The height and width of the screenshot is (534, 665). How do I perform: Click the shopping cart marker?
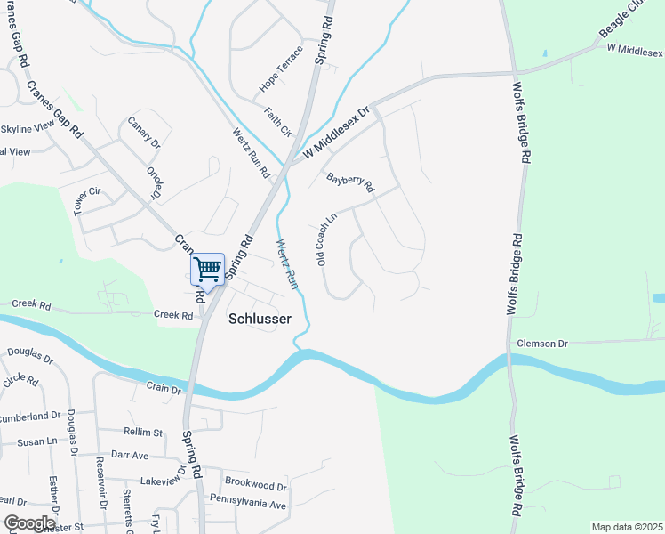(x=207, y=269)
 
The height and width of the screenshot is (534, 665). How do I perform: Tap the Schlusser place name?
(x=260, y=318)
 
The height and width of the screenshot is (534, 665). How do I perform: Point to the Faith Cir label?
(x=278, y=122)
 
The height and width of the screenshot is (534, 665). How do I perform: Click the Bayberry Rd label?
(x=350, y=182)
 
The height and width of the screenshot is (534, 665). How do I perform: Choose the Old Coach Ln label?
(x=326, y=238)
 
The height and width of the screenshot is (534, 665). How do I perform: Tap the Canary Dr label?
(x=144, y=132)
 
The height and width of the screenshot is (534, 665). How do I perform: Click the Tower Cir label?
(x=88, y=200)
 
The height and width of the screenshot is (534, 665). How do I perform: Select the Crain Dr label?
(x=164, y=389)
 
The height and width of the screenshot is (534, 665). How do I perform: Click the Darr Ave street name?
(x=130, y=454)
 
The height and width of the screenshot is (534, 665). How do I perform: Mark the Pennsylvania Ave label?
(x=247, y=505)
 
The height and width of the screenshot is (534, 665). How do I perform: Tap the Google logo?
(x=29, y=523)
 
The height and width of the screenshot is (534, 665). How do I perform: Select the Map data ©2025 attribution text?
(x=627, y=527)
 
